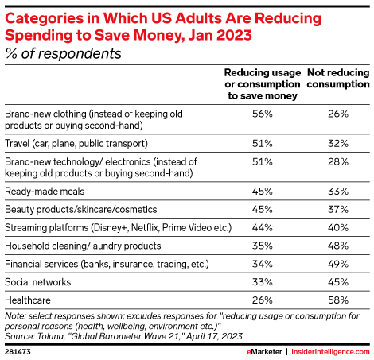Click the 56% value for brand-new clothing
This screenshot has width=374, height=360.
click(263, 114)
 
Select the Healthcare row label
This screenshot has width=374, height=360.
click(28, 300)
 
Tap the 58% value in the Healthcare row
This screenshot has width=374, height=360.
click(338, 300)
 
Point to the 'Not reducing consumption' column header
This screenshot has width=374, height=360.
click(338, 79)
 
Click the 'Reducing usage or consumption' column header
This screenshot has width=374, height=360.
click(263, 84)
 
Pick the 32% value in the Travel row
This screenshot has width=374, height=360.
click(338, 144)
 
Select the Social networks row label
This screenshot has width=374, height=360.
click(38, 282)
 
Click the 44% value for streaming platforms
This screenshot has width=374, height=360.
click(263, 228)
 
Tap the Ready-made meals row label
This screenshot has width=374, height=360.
click(45, 192)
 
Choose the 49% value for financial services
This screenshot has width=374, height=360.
click(338, 264)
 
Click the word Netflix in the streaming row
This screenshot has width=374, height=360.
click(146, 228)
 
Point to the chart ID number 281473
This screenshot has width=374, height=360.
click(18, 352)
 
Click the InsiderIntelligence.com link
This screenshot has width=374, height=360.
click(330, 352)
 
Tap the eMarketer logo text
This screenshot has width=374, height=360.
click(264, 352)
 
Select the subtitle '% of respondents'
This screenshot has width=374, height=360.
click(64, 54)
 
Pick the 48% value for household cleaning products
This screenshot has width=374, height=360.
click(338, 246)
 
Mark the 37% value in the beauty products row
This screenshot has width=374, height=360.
click(338, 210)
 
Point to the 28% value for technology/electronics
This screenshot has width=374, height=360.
click(338, 162)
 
